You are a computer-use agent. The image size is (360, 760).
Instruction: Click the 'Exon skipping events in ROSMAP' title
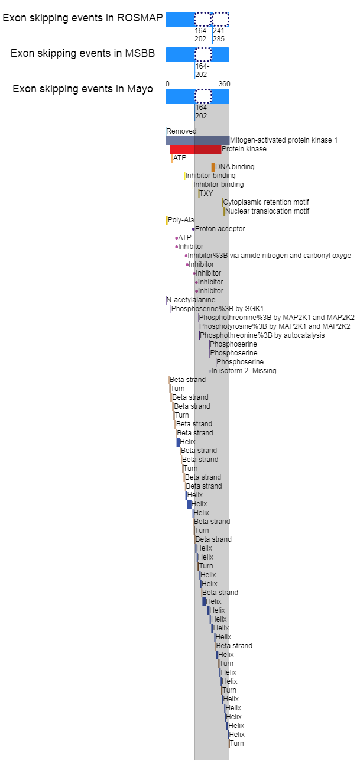pos(82,18)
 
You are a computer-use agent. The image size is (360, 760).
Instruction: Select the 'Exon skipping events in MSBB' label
pos(82,53)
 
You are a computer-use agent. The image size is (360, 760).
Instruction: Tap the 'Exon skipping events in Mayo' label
pos(82,89)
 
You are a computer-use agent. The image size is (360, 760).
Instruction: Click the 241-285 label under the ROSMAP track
pos(219,35)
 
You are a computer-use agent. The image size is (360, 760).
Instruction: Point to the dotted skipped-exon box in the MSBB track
pos(203,54)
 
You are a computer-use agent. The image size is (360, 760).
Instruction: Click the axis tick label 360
pos(224,84)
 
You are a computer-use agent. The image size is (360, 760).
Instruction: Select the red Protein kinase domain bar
pos(196,149)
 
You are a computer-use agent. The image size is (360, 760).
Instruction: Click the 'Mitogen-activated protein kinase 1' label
pos(284,140)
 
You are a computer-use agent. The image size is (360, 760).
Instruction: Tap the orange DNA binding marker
pos(213,167)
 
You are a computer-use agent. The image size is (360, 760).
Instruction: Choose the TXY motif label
pos(206,193)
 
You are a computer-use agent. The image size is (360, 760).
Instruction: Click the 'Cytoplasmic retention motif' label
pos(266,202)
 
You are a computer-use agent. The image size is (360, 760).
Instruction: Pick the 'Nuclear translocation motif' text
pos(267,211)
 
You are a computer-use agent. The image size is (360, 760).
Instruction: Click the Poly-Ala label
pos(181,220)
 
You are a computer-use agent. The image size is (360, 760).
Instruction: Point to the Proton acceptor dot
pos(193,229)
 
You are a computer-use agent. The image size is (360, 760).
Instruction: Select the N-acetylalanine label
pos(191,300)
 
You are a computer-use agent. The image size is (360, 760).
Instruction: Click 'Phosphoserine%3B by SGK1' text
pos(218,309)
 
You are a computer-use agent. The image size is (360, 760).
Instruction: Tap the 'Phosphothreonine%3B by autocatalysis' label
pos(262,335)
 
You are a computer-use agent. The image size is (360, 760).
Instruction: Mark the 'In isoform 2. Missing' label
pos(244,371)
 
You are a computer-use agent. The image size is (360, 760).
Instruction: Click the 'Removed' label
pos(181,131)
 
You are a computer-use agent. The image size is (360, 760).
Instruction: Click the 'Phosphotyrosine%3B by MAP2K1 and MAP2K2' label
pos(274,326)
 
